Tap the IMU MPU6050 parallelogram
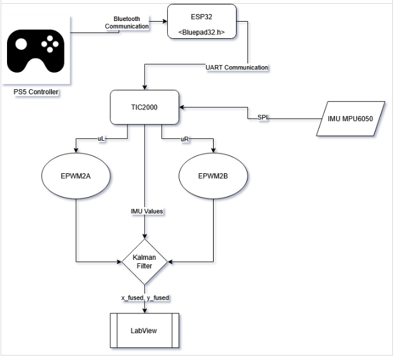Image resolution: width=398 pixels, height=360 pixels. click(351, 118)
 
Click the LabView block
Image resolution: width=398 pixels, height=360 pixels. click(145, 331)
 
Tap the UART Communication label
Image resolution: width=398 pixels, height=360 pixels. click(237, 67)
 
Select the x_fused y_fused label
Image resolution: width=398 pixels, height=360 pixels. click(144, 298)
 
